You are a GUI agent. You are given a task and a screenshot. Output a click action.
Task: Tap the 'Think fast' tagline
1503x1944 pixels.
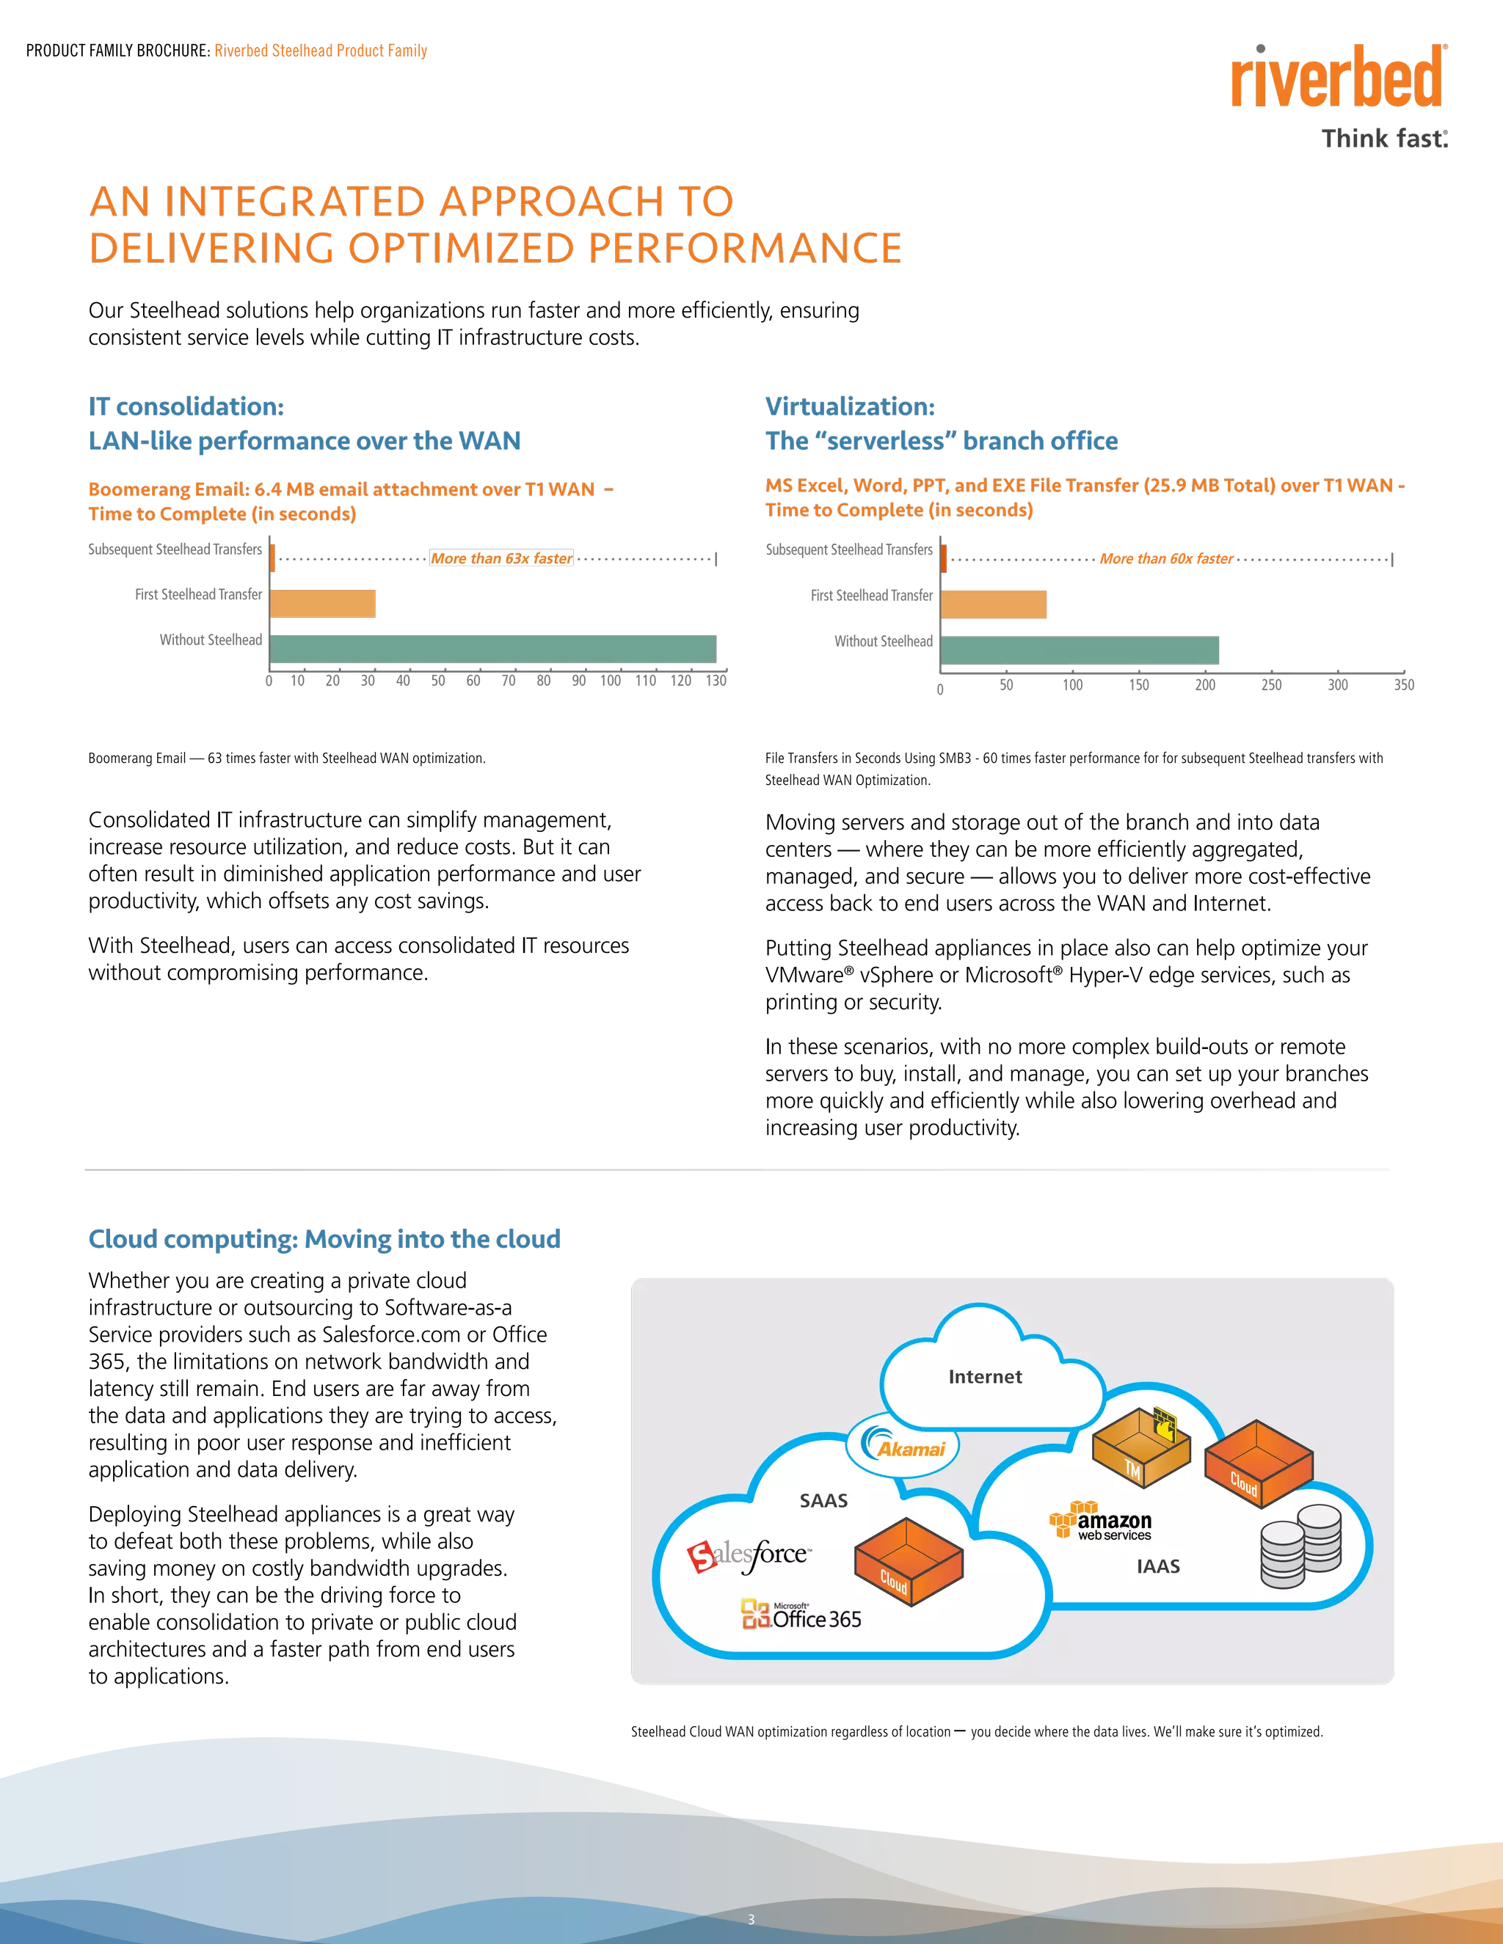coord(1385,138)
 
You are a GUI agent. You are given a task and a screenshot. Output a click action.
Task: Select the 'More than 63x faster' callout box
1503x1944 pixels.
coord(501,558)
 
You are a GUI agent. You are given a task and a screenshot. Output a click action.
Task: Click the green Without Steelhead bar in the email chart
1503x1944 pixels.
coord(492,648)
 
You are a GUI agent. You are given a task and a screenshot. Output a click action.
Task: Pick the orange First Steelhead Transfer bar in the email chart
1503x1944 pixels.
coord(322,604)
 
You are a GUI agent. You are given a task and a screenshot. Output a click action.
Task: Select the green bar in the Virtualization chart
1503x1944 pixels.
coord(1079,651)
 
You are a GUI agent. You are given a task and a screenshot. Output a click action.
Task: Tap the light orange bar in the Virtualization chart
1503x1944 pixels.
coord(994,604)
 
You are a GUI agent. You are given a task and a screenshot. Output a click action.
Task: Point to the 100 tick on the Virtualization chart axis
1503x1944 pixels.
coord(1073,684)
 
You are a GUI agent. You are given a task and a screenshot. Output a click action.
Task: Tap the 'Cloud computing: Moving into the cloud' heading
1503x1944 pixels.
coord(325,1238)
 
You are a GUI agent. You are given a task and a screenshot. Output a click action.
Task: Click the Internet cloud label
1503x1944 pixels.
coord(985,1376)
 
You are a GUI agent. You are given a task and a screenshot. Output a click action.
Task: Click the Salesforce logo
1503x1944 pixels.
coord(748,1555)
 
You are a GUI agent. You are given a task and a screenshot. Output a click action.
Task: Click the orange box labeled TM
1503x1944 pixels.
coord(1140,1447)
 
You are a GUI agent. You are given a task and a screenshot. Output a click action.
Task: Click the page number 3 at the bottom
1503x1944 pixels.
coord(751,1919)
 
